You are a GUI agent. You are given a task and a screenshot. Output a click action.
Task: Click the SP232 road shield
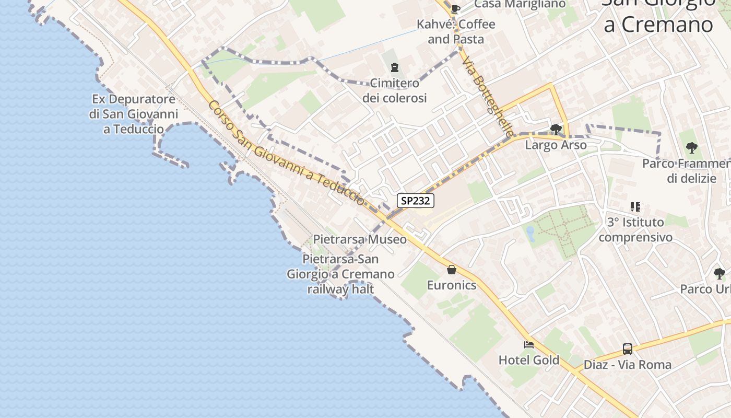point(416,201)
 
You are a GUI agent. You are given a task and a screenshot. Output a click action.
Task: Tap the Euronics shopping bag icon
point(452,270)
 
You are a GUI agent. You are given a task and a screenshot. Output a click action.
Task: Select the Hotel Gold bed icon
point(529,344)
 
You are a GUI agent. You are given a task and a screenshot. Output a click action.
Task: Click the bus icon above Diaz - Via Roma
point(627,349)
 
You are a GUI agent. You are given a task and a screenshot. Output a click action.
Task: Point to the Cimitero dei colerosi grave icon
point(394,67)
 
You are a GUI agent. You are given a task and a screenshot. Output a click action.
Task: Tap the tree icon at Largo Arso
point(556,129)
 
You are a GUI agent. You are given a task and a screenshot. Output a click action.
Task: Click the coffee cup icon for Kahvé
point(455,8)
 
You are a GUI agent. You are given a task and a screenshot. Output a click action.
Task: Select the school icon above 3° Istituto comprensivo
point(635,207)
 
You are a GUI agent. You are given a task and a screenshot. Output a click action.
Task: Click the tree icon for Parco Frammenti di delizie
point(692,148)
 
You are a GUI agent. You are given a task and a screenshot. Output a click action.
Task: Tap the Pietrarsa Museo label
point(360,239)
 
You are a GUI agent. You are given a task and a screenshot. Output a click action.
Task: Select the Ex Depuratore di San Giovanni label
point(134,114)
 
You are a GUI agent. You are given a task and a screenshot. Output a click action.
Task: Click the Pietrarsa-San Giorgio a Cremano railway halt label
point(340,274)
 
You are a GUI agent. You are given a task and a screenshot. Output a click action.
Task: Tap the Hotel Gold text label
point(529,360)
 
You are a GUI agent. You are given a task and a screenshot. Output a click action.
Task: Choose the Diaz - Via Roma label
point(627,365)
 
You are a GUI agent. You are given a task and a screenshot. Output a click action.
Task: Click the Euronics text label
point(452,285)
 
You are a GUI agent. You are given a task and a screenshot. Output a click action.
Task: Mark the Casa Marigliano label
point(520,4)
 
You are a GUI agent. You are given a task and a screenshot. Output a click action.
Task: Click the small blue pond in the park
point(530,234)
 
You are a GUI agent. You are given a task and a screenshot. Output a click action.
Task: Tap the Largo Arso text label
point(556,145)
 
